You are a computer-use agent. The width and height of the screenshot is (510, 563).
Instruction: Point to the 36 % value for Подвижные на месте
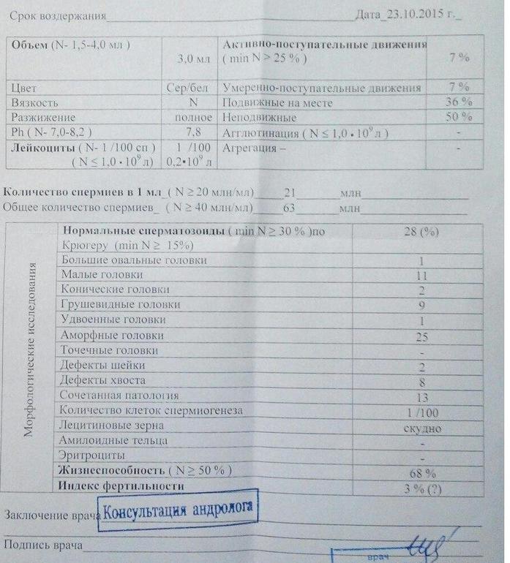458,102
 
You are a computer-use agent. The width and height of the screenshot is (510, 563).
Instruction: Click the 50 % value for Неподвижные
458,117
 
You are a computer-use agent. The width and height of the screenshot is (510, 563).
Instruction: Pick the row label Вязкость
35,103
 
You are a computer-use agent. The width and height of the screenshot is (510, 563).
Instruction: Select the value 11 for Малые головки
421,276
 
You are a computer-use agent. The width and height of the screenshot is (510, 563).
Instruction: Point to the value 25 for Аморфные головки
421,336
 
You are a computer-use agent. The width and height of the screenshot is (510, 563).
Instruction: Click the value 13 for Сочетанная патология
421,396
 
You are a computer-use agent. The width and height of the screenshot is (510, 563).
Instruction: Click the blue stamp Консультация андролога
181,510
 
